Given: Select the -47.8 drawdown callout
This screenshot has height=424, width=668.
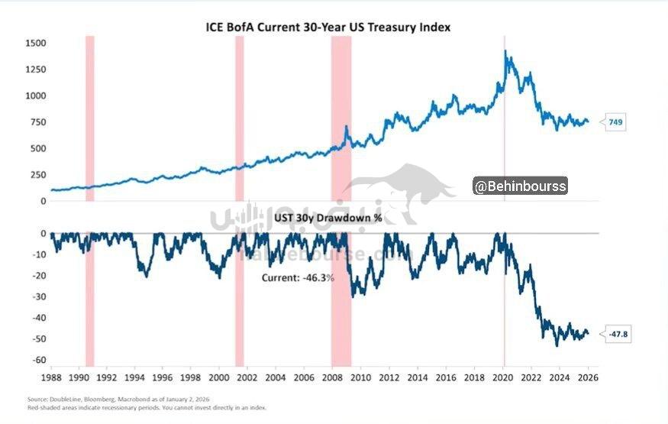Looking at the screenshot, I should [618, 334].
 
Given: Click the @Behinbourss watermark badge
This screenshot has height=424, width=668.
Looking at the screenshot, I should [520, 186].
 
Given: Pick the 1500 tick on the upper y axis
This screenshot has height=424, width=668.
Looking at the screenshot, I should [36, 44].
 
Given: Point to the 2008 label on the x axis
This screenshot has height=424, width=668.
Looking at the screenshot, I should [332, 378].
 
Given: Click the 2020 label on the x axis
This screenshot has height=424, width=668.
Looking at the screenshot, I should [503, 378].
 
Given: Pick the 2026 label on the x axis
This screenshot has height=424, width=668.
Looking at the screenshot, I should [588, 378].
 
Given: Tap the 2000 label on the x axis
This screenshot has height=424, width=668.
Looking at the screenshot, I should [219, 378].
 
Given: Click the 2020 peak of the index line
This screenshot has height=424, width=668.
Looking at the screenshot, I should [505, 52].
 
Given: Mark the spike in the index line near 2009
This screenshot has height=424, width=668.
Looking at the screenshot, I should [346, 128].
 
